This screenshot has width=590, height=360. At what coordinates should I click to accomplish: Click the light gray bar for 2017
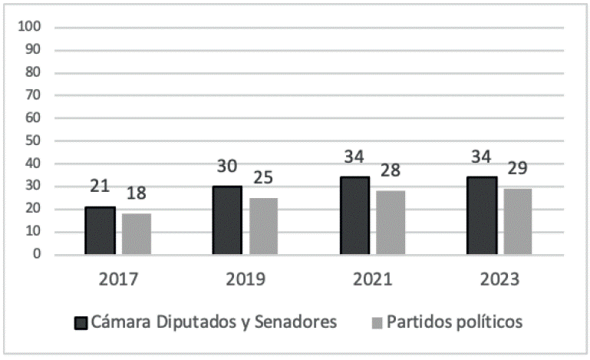(x=137, y=233)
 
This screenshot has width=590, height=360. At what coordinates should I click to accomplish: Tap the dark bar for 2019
(x=226, y=220)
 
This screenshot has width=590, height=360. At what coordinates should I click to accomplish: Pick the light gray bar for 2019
(x=263, y=226)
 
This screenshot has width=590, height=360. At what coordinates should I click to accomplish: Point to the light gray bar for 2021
(x=390, y=223)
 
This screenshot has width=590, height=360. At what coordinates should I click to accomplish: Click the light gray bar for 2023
(x=516, y=221)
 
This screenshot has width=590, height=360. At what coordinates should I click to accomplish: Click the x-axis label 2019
(x=246, y=279)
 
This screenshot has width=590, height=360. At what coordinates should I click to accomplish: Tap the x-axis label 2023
(x=499, y=279)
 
